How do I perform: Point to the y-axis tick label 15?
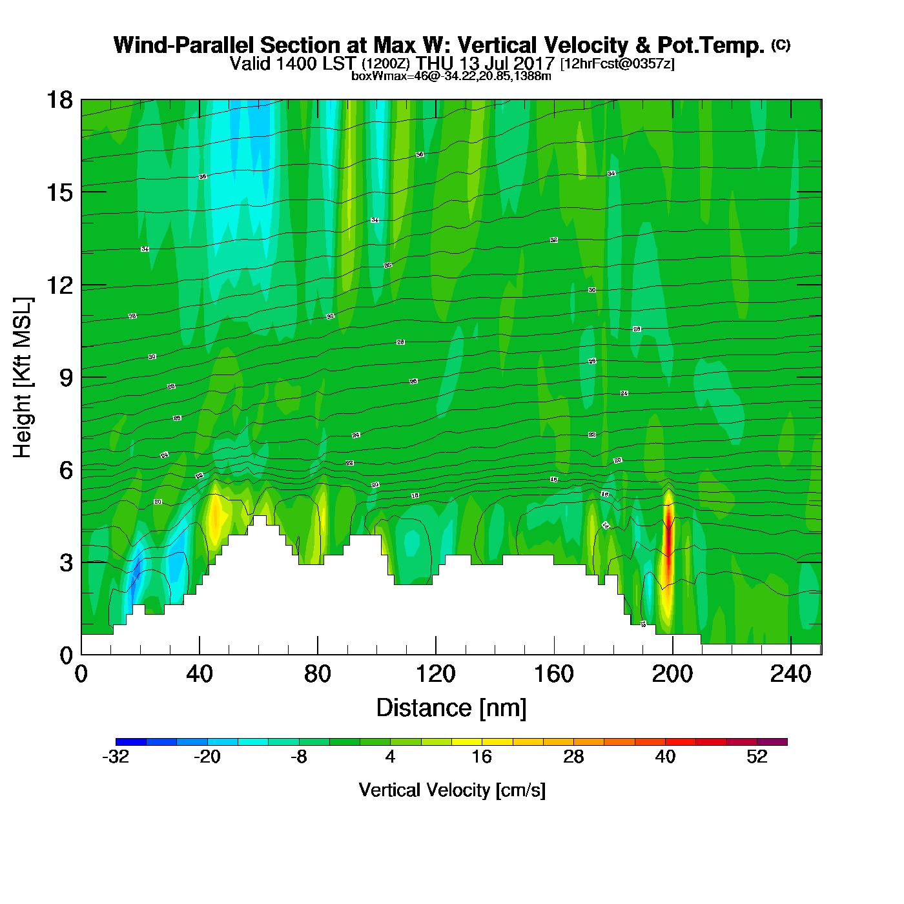coord(59,192)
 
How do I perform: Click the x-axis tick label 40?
coord(199,674)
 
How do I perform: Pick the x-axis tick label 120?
coord(435,674)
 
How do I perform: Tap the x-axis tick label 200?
coord(672,674)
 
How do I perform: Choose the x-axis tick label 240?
coord(790,674)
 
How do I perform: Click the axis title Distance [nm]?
coord(451,708)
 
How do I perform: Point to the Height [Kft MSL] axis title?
coord(23,378)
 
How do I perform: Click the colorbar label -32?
coord(116,757)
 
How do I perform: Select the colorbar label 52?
coord(757,757)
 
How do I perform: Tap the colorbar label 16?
coord(482,757)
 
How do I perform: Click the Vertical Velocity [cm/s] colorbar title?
coord(452,790)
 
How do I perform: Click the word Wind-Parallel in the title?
coord(184,45)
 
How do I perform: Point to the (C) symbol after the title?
coord(781,45)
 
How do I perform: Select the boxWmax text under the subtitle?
coord(451,76)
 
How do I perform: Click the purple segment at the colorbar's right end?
coord(772,742)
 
